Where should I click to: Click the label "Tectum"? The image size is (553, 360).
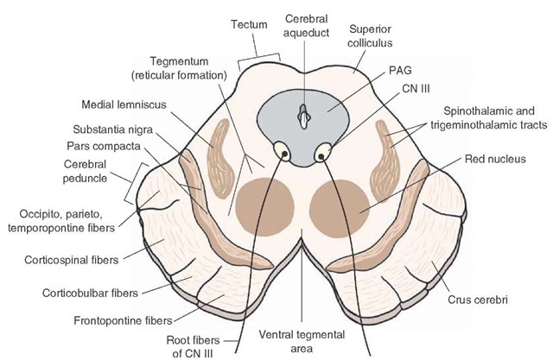tap(249, 25)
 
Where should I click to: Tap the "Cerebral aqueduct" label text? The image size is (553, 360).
tap(307, 25)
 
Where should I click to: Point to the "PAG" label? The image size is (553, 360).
tap(400, 71)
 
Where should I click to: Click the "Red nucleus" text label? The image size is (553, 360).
tap(495, 159)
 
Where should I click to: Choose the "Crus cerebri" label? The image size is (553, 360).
tap(478, 300)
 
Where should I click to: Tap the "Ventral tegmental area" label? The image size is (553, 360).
tap(302, 341)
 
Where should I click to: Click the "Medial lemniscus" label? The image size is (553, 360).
tap(124, 104)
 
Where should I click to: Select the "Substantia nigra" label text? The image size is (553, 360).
tap(113, 129)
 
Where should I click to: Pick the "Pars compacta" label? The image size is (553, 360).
tap(104, 146)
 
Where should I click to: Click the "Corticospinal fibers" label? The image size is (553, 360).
tap(72, 261)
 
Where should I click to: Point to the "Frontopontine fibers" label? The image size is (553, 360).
tap(123, 321)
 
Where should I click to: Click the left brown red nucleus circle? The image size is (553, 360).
tap(264, 207)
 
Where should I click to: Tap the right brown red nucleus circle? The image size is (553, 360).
tap(340, 209)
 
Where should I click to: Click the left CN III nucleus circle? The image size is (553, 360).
tap(283, 151)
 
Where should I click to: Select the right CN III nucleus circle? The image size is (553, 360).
tap(322, 153)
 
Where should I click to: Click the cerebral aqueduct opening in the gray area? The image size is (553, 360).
tap(304, 116)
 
